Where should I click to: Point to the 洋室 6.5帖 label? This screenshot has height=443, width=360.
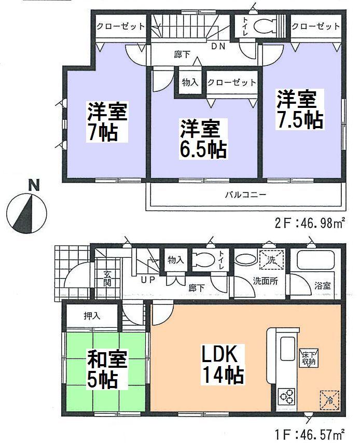[202, 139]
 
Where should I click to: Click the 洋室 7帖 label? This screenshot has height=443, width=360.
[107, 121]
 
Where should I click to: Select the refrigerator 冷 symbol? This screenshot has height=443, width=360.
[329, 399]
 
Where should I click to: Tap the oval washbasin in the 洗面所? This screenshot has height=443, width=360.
[244, 259]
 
